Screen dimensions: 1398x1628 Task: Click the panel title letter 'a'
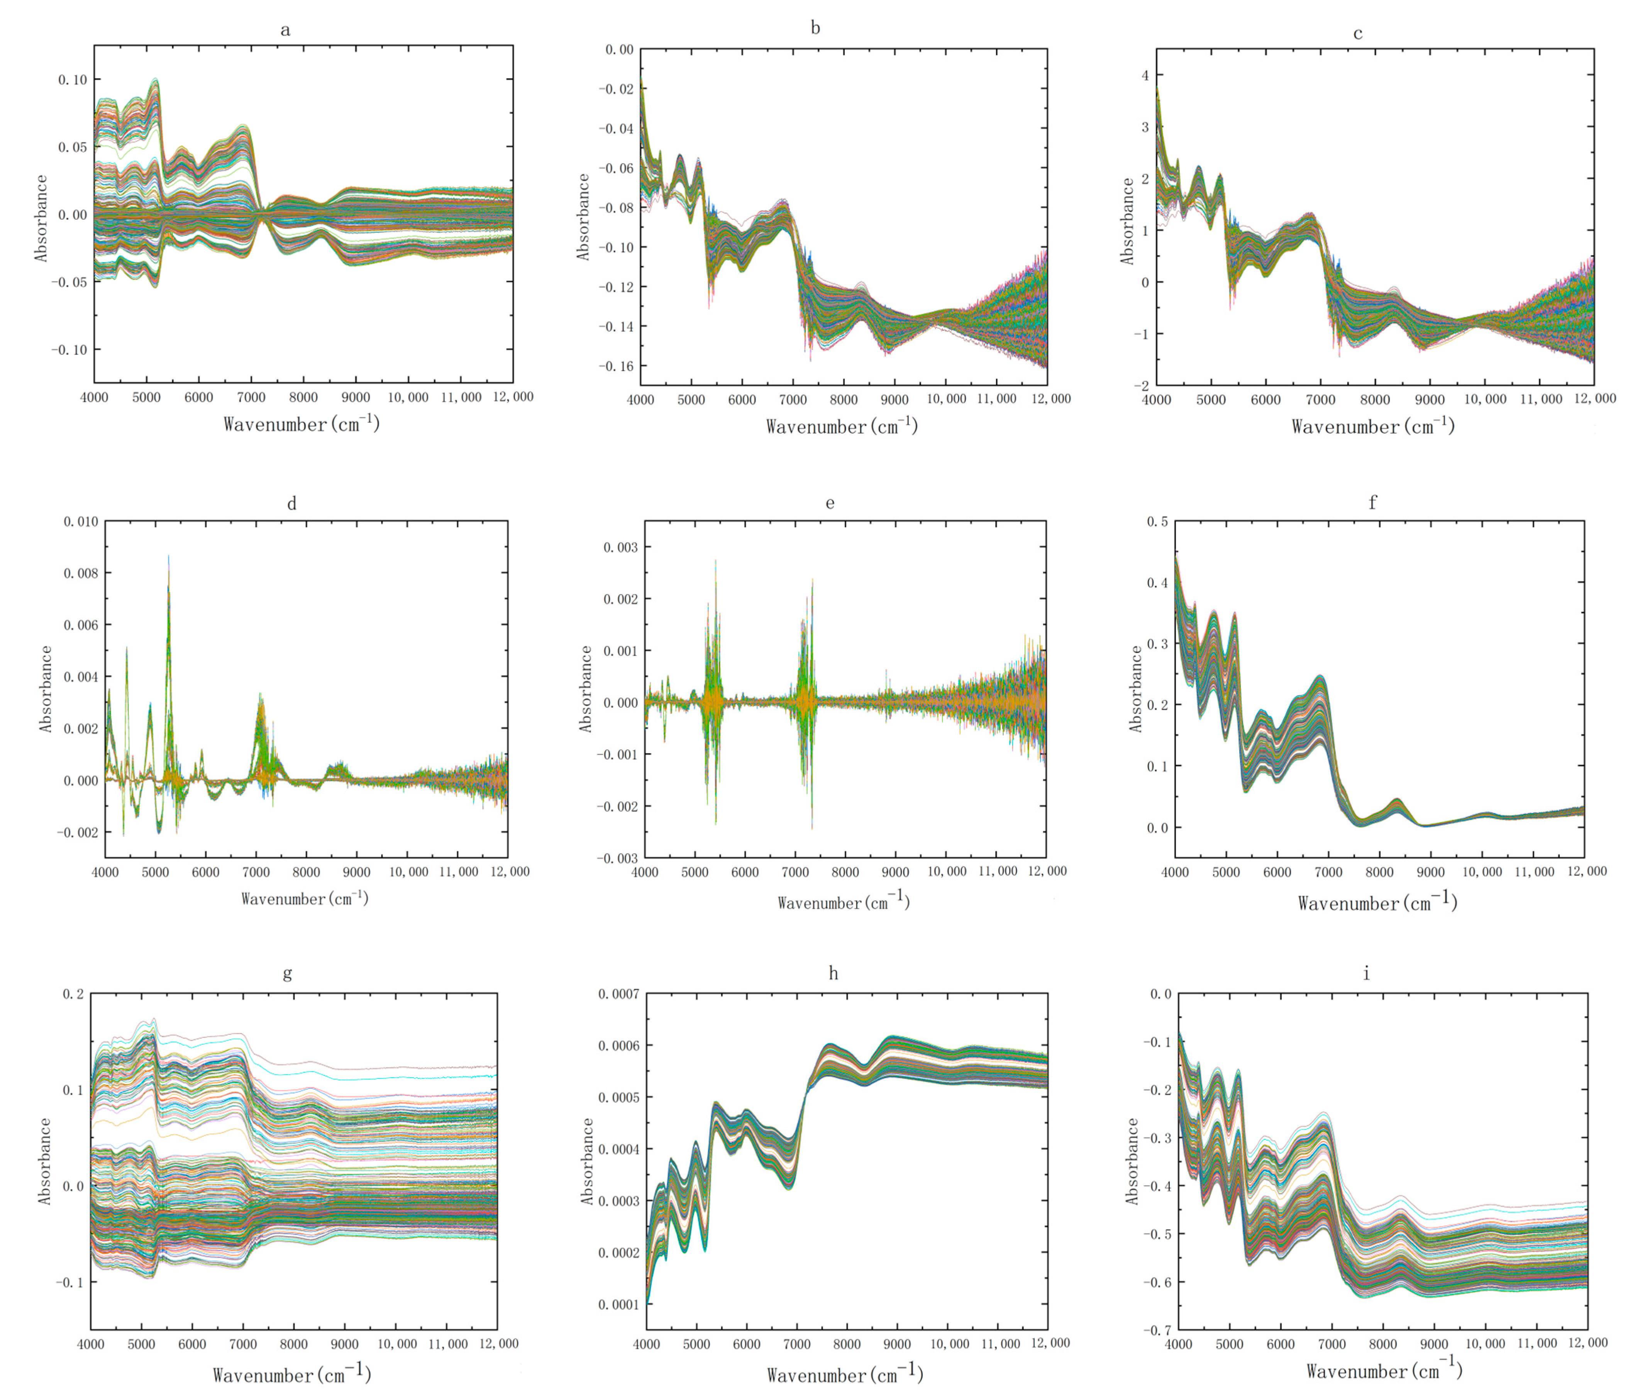pos(285,31)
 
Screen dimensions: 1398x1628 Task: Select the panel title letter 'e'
pos(830,503)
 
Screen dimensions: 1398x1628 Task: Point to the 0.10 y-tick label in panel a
pos(73,80)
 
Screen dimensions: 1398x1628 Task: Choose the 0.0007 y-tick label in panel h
pos(617,994)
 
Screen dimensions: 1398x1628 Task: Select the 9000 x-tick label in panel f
pos(1430,872)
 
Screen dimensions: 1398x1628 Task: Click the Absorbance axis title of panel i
pos(1132,1161)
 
